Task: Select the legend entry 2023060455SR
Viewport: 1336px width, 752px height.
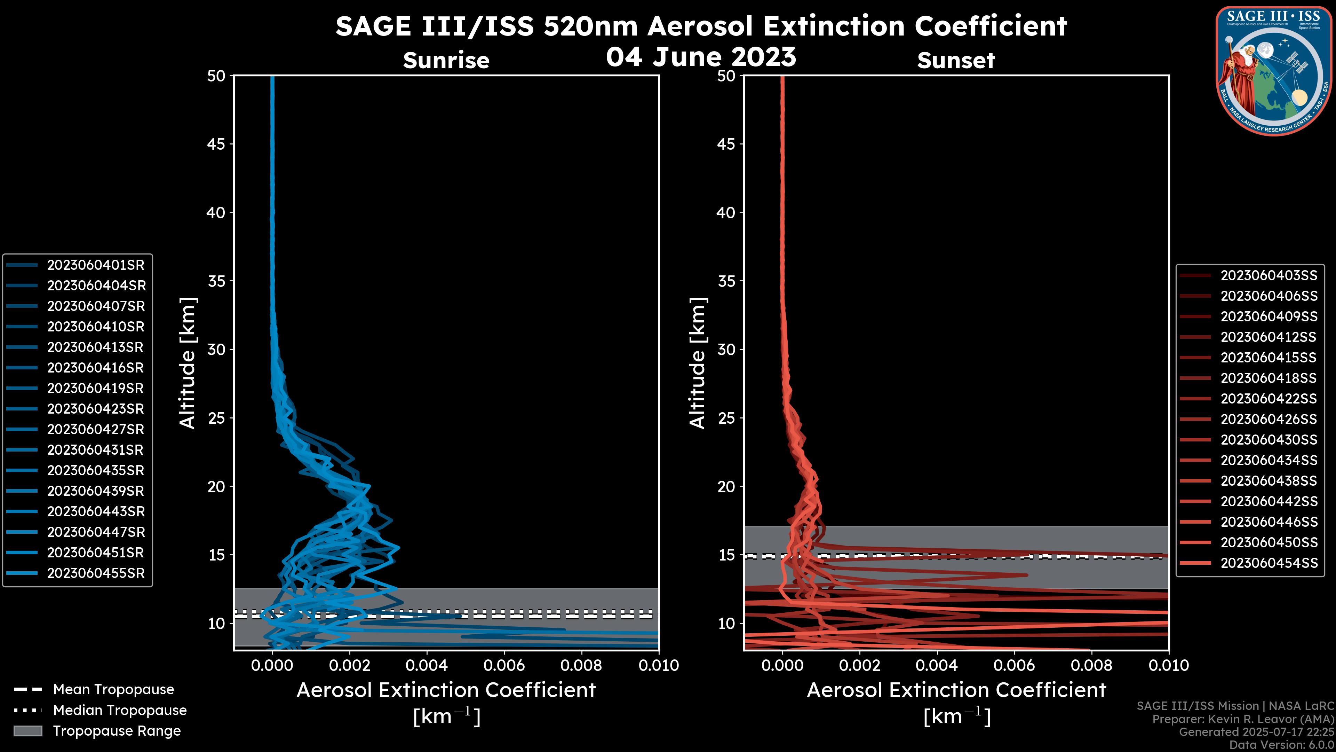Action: (x=95, y=573)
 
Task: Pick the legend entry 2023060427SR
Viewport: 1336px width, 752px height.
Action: (x=95, y=430)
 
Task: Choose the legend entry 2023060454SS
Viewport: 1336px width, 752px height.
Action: (x=1269, y=563)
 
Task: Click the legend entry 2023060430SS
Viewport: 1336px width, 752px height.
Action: (x=1269, y=440)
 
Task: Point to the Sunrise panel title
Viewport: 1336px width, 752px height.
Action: (x=446, y=61)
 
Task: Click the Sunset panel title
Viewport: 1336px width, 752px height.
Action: (x=956, y=61)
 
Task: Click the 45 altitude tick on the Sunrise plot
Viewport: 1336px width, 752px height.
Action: (x=216, y=144)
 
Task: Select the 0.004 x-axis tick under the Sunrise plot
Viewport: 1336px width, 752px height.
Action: (x=426, y=665)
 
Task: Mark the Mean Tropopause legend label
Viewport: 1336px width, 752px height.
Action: (x=113, y=690)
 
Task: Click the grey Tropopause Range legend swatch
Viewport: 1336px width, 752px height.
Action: (x=27, y=731)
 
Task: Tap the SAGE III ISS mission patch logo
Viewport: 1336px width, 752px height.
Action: (x=1274, y=71)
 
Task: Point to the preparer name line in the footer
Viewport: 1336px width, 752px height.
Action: (x=1243, y=719)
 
